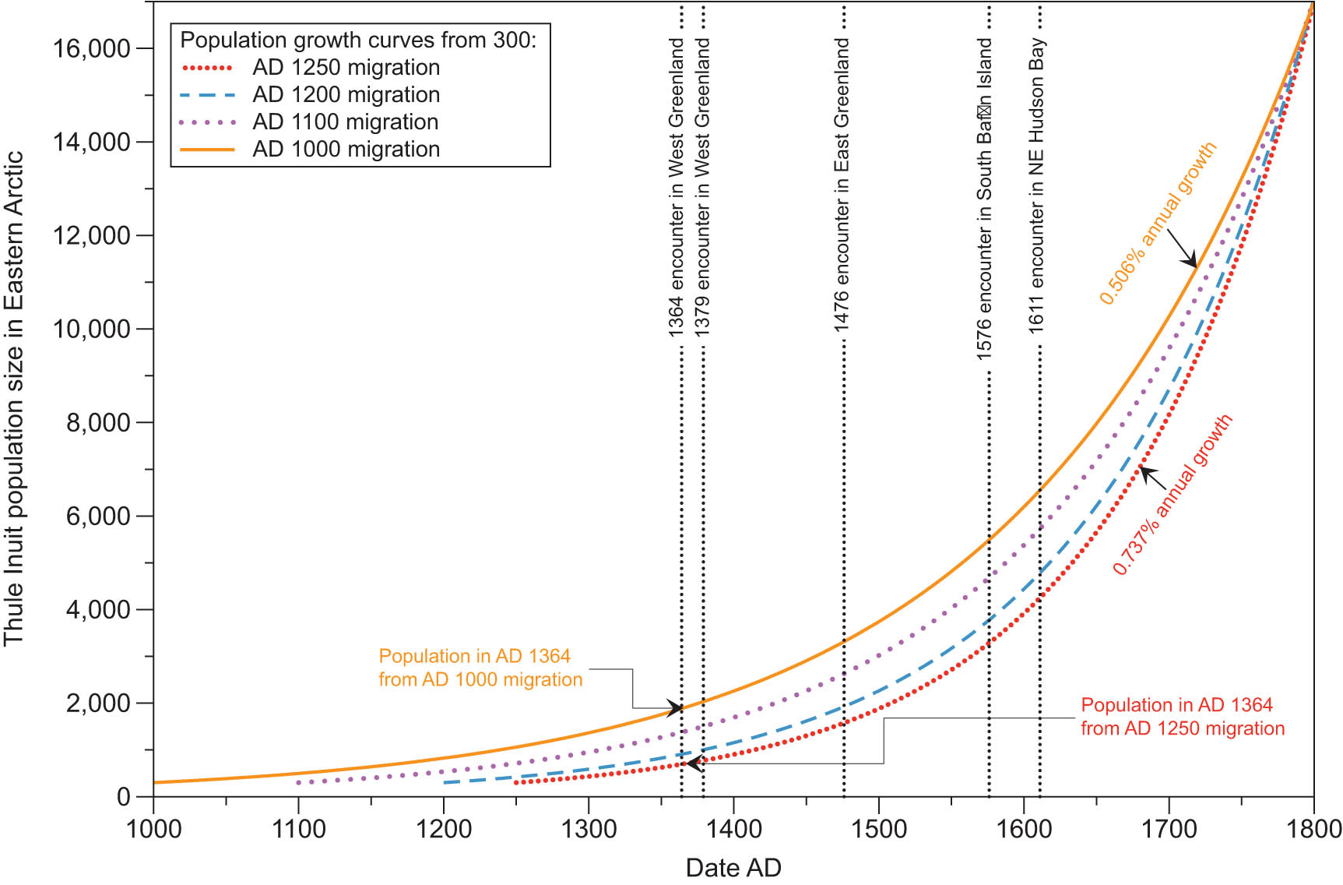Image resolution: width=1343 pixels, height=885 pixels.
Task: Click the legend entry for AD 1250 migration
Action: point(346,68)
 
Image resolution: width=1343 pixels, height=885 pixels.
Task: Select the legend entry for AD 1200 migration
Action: point(346,95)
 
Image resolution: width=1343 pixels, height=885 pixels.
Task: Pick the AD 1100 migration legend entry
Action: point(345,122)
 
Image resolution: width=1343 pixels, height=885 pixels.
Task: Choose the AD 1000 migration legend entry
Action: point(346,150)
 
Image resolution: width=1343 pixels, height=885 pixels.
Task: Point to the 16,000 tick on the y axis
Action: point(91,49)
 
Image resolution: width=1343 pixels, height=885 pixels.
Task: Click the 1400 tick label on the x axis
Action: point(733,829)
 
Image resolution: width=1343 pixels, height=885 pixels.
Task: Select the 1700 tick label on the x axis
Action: point(1169,829)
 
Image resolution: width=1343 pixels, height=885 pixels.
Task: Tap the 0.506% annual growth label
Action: point(1157,224)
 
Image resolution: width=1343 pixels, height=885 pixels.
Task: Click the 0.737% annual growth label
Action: point(1172,495)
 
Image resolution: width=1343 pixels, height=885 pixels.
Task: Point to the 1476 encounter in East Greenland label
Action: point(842,185)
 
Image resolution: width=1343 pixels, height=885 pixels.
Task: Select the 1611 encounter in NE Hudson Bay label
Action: point(1036,185)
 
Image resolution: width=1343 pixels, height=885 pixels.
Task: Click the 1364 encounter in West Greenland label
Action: point(676,187)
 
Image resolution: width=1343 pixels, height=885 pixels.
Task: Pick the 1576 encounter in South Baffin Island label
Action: point(985,199)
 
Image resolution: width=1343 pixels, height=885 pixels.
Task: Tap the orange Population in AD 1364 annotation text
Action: point(480,668)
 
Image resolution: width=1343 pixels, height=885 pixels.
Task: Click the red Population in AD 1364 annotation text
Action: point(1182,717)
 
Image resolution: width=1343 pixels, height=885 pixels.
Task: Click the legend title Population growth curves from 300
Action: point(358,40)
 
